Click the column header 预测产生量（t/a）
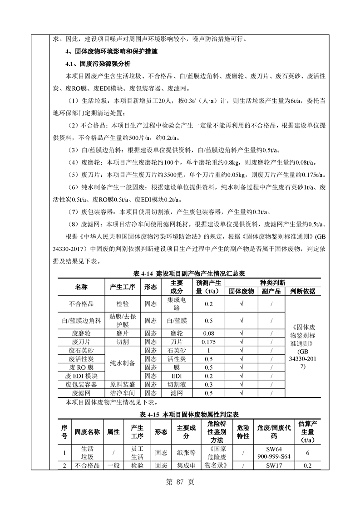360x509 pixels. tap(208, 287)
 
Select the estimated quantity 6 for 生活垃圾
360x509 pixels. tap(308, 453)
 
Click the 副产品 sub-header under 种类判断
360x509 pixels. tap(271, 291)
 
